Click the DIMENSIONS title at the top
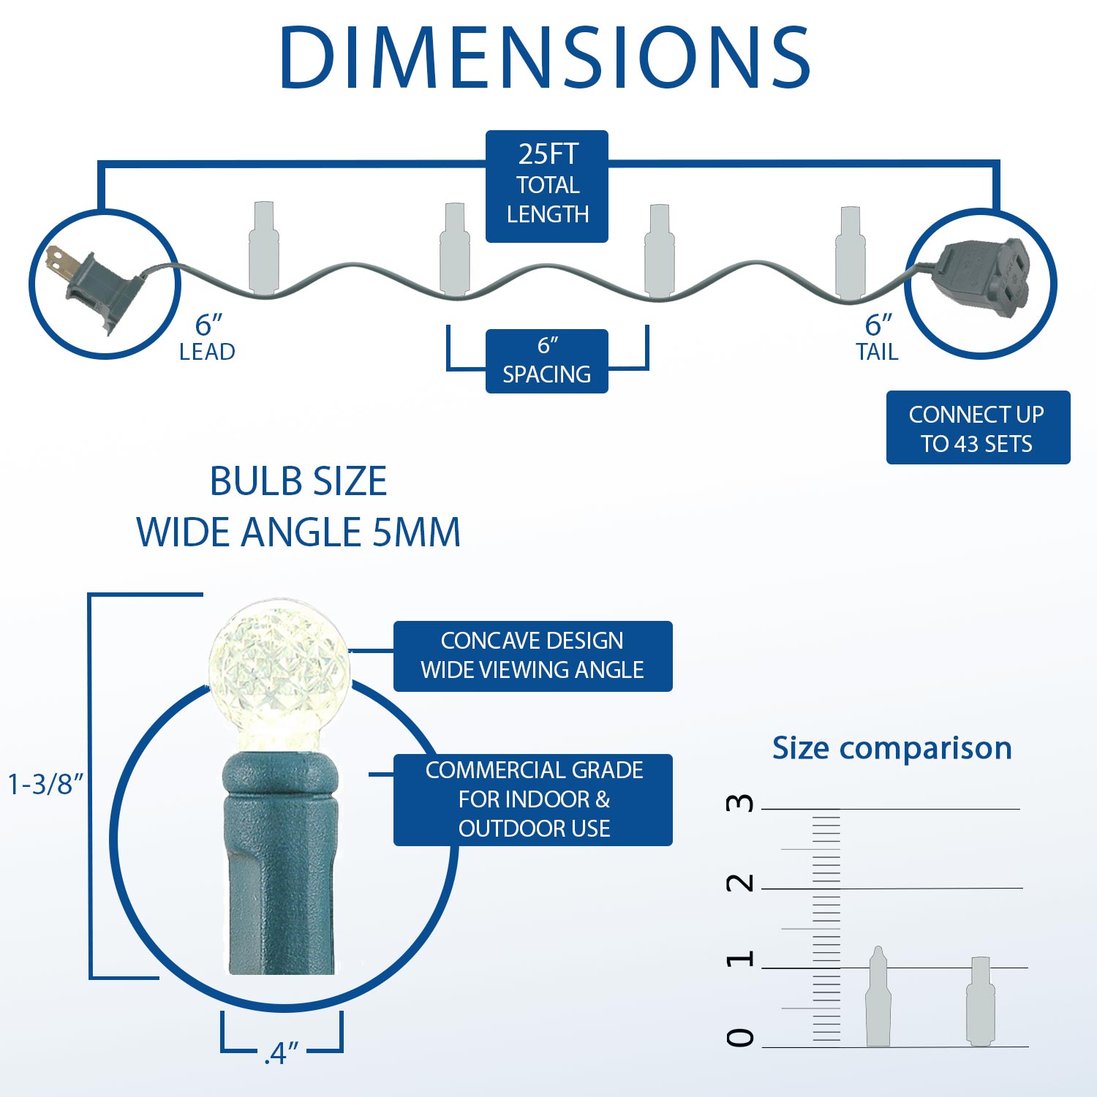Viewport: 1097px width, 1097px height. pos(545,58)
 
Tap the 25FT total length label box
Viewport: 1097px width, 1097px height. pos(547,186)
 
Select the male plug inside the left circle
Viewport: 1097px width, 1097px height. pos(92,285)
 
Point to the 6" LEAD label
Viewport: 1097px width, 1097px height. pos(208,338)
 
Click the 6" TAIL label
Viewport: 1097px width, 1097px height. pos(878,338)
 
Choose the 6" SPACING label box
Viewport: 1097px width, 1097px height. pos(547,361)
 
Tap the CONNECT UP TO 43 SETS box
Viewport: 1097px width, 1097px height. pos(978,428)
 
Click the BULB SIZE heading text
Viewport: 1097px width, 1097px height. pos(298,481)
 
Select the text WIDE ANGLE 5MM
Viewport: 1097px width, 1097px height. pos(298,532)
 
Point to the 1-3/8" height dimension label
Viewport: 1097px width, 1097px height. pos(45,784)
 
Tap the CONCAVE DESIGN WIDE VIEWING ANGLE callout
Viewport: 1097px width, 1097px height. pos(532,656)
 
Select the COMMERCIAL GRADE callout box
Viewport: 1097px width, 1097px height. pos(532,800)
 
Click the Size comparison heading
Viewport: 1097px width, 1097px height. pos(892,748)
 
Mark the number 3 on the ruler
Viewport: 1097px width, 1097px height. pos(739,803)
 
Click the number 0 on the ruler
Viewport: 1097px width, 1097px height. pos(739,1037)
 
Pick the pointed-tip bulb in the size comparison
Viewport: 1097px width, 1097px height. pos(878,996)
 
